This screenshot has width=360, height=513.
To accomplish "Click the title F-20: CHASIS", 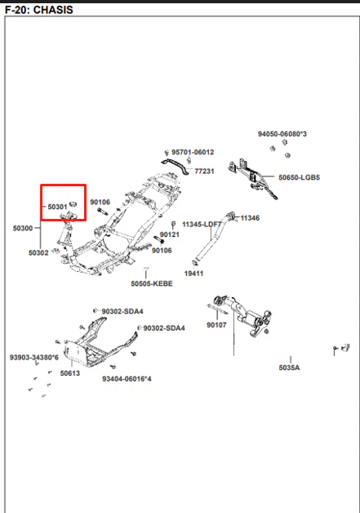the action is pos(39,10).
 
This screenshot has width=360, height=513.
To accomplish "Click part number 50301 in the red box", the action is pos(57,207).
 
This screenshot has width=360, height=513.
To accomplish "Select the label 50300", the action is pos(23,228).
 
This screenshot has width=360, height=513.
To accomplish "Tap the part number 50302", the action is pos(38,252).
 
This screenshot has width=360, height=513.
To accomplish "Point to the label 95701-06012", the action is pos(193,152).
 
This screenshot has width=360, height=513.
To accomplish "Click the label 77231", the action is pos(204,171).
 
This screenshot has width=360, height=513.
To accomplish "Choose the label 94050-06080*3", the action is pos(282,134).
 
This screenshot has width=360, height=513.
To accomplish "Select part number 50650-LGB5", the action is pos(299,177).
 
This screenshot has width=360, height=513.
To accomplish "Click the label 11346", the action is pos(250,218).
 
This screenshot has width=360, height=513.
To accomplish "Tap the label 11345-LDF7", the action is pos(202,225).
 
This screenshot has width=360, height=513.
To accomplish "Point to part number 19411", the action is pos(193,273).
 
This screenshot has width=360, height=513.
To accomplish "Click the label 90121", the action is pos(169,234).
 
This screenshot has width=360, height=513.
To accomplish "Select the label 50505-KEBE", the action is pos(152,283).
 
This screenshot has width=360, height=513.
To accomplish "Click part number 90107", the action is pos(216,325).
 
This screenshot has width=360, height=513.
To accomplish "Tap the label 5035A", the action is pos(289,368).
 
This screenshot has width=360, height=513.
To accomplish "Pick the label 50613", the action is pos(70,373).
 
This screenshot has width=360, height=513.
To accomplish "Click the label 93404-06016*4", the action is pos(127,379).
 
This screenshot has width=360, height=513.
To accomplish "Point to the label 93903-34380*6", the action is pos(34,357).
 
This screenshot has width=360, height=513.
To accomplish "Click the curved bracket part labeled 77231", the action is pos(176,166).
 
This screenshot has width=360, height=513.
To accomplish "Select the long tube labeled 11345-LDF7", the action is pos(209,239).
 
